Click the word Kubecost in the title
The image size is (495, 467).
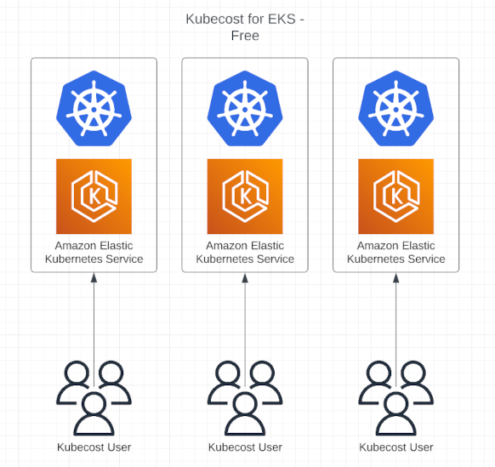pyautogui.click(x=214, y=19)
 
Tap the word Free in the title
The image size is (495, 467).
pyautogui.click(x=245, y=36)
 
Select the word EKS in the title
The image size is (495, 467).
pyautogui.click(x=282, y=19)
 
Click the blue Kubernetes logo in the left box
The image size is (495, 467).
pyautogui.click(x=94, y=108)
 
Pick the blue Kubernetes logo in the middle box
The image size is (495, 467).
pyautogui.click(x=245, y=108)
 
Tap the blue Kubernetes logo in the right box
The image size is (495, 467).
pyautogui.click(x=395, y=108)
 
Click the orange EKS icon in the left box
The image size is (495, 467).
pyautogui.click(x=94, y=196)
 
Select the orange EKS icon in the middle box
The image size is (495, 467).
pyautogui.click(x=245, y=196)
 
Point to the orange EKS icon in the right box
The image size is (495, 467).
pyautogui.click(x=395, y=196)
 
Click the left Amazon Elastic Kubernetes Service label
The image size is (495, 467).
pyautogui.click(x=94, y=253)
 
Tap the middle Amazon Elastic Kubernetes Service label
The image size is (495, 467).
pyautogui.click(x=245, y=253)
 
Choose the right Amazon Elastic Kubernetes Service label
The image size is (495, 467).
pyautogui.click(x=395, y=253)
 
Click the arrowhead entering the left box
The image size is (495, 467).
pyautogui.click(x=94, y=277)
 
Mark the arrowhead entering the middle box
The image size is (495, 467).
pyautogui.click(x=245, y=277)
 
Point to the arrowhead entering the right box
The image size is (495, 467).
pyautogui.click(x=395, y=277)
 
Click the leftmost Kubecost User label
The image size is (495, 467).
pyautogui.click(x=94, y=447)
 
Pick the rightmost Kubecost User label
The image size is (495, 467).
pyautogui.click(x=396, y=447)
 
